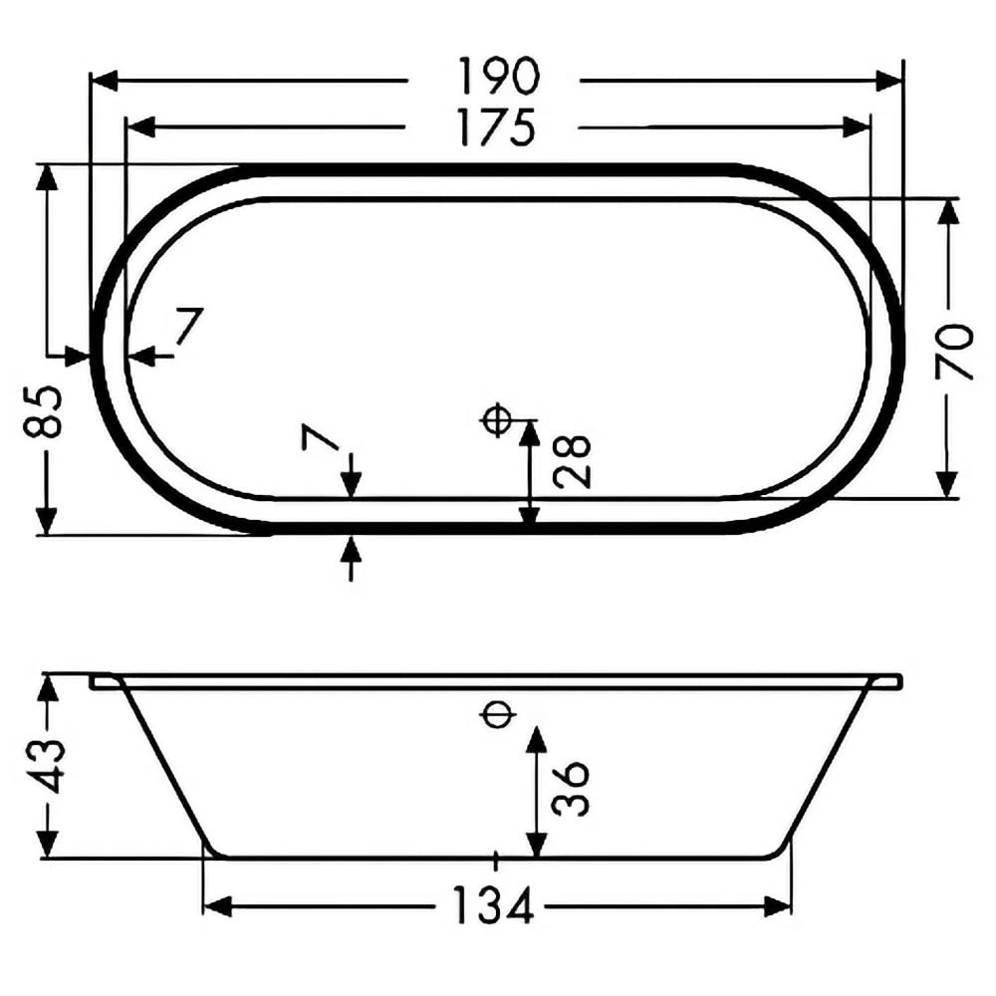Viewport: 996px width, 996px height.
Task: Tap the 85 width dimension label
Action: click(x=43, y=411)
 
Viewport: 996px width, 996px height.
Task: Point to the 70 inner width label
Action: click(x=955, y=352)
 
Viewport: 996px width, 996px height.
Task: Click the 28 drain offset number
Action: click(x=572, y=462)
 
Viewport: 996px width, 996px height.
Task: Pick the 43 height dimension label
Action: click(x=45, y=765)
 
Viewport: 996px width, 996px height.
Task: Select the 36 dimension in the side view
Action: click(x=571, y=788)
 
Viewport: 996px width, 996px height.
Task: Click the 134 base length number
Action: click(x=494, y=905)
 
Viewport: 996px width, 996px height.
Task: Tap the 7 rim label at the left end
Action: click(x=188, y=326)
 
